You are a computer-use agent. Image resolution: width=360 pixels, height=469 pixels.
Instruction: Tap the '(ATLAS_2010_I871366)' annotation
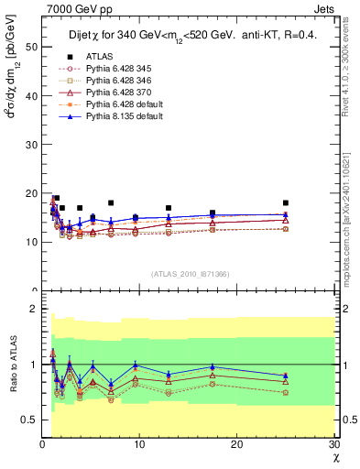tap(189, 274)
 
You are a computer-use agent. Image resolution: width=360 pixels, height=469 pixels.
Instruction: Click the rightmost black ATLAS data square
tap(286, 203)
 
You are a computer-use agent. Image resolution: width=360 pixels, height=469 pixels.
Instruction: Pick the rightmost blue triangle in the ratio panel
tap(285, 376)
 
